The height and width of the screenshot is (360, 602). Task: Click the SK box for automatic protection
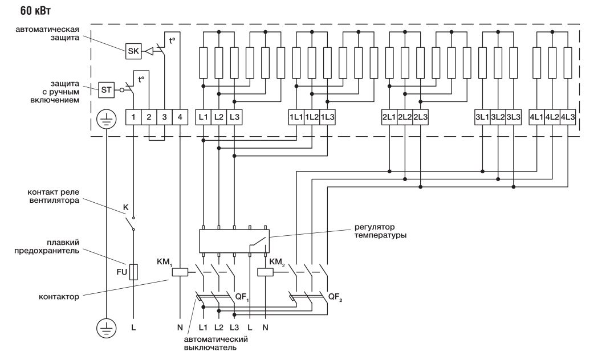(133, 51)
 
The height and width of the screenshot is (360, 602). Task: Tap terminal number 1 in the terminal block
(133, 117)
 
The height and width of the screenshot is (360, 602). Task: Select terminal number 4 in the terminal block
(180, 117)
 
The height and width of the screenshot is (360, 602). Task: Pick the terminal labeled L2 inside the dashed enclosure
(219, 117)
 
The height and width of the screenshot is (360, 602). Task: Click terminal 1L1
(296, 117)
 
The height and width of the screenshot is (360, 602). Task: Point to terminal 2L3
(420, 117)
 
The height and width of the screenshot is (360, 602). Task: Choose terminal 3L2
(498, 117)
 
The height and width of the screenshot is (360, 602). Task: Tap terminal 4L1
(536, 117)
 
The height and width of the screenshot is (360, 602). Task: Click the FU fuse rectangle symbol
(133, 272)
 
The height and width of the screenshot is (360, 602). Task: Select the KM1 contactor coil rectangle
(180, 272)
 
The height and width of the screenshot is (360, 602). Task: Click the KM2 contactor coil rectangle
(266, 272)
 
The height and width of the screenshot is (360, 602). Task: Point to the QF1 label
(242, 296)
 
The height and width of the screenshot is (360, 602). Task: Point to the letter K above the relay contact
(126, 207)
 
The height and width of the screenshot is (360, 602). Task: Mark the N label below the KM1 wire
(180, 329)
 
